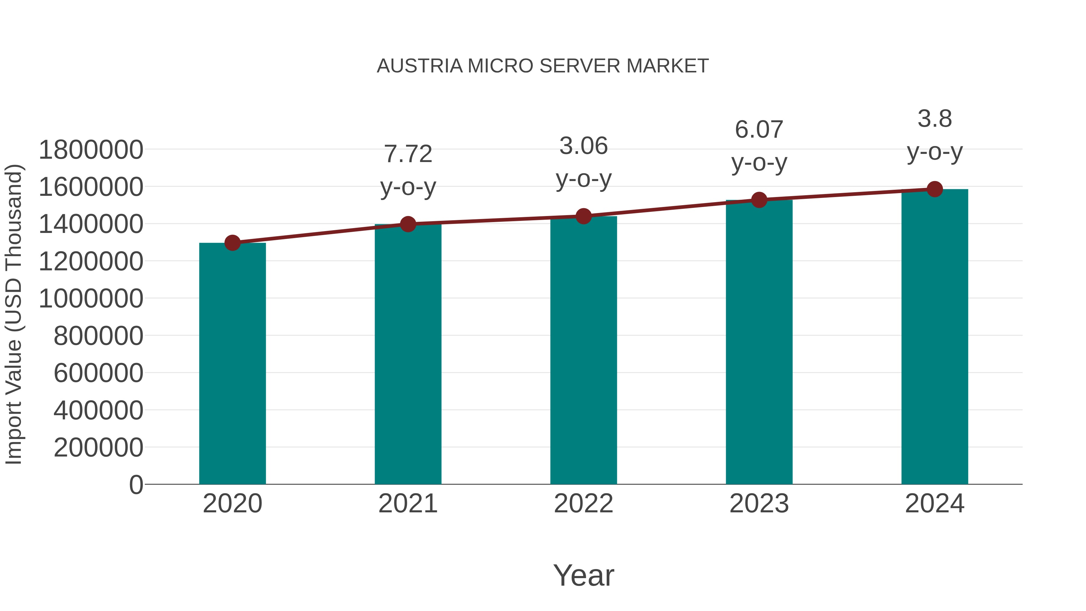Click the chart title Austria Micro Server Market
click(543, 66)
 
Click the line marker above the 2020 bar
click(232, 243)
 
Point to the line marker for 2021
click(408, 224)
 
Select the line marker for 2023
click(759, 200)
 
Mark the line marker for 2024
click(935, 189)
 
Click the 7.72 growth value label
click(408, 154)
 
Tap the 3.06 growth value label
click(583, 146)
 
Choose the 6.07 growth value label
click(759, 129)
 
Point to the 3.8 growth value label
click(935, 119)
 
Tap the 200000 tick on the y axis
click(98, 447)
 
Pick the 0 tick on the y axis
click(136, 485)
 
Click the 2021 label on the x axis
click(408, 504)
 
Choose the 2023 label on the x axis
click(759, 504)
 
